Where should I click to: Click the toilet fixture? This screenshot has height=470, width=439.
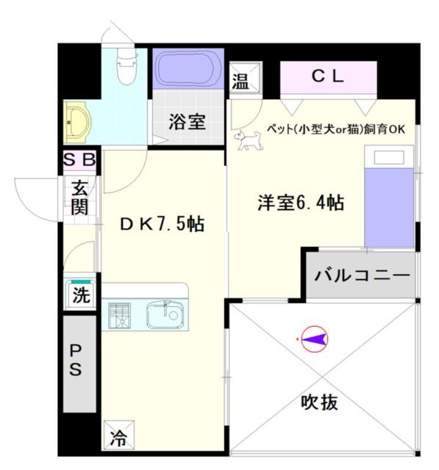pyautogui.click(x=126, y=66)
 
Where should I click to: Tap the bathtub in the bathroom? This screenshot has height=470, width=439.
pyautogui.click(x=188, y=68)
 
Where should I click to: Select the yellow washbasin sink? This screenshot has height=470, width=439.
pyautogui.click(x=76, y=123)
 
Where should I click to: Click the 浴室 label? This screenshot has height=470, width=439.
pyautogui.click(x=187, y=121)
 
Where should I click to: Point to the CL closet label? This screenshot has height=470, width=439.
pyautogui.click(x=327, y=76)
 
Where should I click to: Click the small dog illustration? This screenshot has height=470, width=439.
pyautogui.click(x=248, y=140)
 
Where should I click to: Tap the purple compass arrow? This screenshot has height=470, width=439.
pyautogui.click(x=314, y=339)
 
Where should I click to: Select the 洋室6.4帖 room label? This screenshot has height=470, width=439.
pyautogui.click(x=301, y=203)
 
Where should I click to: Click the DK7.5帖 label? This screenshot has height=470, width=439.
pyautogui.click(x=163, y=223)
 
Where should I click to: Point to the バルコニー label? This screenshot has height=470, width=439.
pyautogui.click(x=362, y=275)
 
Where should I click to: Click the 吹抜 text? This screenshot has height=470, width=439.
pyautogui.click(x=319, y=402)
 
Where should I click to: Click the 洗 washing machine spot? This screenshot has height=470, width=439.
pyautogui.click(x=81, y=294)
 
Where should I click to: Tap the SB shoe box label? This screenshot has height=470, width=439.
pyautogui.click(x=79, y=159)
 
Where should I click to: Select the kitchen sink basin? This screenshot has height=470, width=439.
pyautogui.click(x=165, y=315)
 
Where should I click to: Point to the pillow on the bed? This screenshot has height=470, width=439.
pyautogui.click(x=389, y=157)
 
